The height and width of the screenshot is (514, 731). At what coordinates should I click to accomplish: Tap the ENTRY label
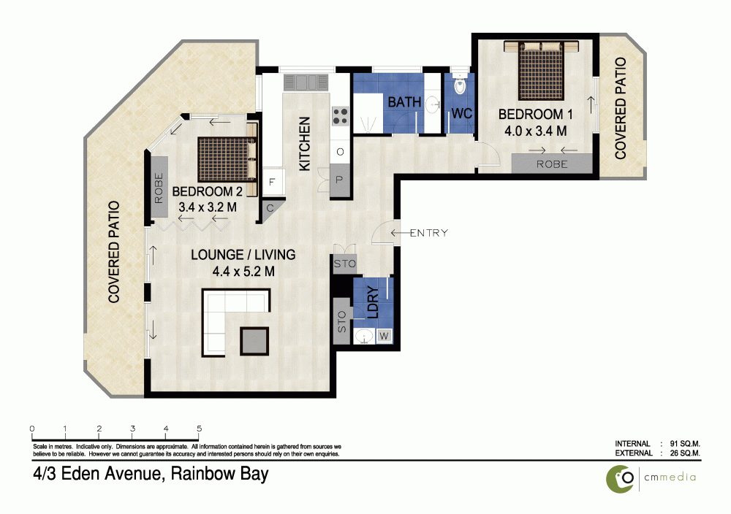(x=428, y=233)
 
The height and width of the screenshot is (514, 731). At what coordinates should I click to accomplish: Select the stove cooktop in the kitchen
(x=341, y=115)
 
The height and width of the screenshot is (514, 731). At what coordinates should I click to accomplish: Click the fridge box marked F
(x=272, y=183)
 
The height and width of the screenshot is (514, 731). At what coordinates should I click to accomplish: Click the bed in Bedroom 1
(x=542, y=71)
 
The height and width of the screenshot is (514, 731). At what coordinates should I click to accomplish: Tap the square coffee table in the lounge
(x=255, y=340)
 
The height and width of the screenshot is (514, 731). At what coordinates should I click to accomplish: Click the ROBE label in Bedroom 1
(x=552, y=164)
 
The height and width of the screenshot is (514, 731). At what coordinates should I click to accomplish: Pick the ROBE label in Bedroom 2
(x=159, y=189)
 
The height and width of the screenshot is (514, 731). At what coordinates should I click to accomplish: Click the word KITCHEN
(x=305, y=144)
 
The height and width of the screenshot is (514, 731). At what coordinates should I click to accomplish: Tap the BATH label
(x=404, y=102)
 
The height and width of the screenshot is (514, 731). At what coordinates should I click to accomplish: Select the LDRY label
(x=372, y=300)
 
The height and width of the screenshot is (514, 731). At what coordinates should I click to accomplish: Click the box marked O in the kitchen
(x=340, y=153)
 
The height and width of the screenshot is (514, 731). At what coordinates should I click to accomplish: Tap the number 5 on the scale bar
(x=200, y=429)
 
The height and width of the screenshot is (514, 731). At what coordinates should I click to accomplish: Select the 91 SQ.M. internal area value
(x=681, y=443)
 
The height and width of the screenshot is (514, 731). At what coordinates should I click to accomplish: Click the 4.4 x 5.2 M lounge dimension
(x=242, y=272)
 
